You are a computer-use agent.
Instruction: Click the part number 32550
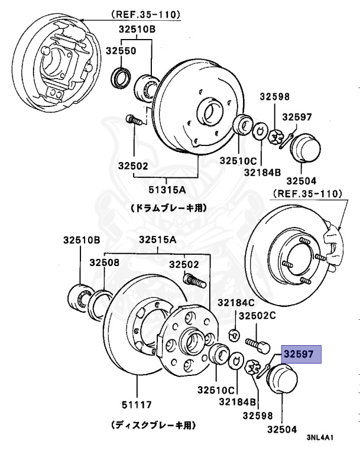[x=121, y=51]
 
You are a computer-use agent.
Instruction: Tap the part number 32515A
[x=158, y=240]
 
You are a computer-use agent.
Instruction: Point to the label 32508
[x=105, y=262]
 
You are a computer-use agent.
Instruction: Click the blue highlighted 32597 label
[x=301, y=354]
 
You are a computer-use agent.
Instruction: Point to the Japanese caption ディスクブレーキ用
[x=154, y=424]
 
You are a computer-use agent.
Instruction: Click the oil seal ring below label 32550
[x=122, y=77]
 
